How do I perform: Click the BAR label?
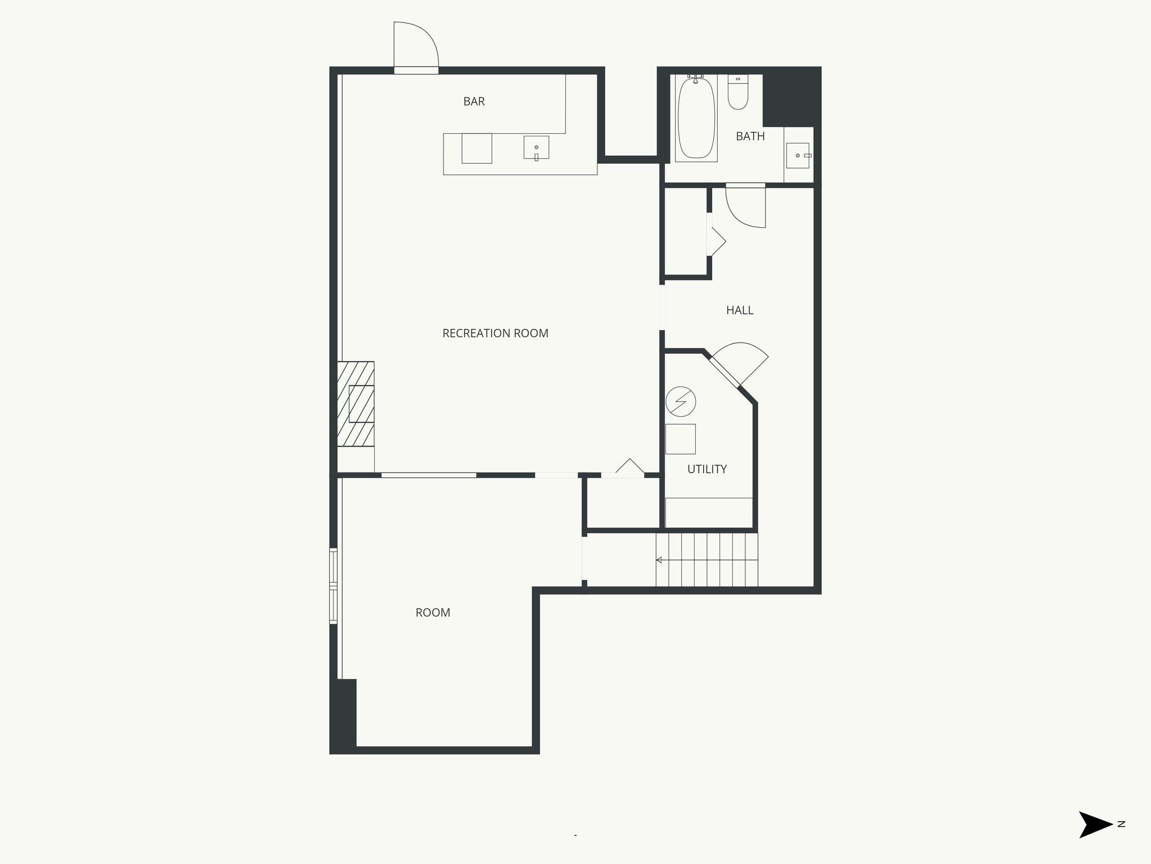coord(474,101)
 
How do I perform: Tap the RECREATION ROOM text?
coord(495,333)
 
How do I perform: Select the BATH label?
coord(750,136)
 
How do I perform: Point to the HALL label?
coord(740,310)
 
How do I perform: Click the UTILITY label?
coord(707,469)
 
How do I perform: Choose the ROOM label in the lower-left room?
coord(433,613)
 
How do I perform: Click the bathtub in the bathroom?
coord(696,118)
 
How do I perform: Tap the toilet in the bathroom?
coord(738,93)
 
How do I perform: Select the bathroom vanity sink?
coord(797,155)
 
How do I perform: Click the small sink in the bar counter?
coord(536,147)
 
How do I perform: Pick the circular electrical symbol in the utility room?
coord(681,402)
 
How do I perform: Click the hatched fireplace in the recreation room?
coord(356,403)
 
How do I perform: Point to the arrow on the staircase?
coord(659,560)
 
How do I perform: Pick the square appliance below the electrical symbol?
coord(681,439)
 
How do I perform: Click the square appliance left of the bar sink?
coord(477,148)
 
